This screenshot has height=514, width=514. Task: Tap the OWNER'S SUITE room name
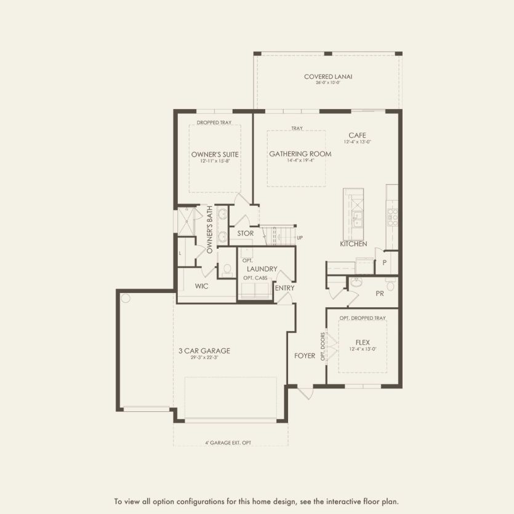215,154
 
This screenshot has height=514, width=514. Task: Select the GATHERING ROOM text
300,154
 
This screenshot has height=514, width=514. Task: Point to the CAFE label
358,135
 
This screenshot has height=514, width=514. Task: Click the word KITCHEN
353,244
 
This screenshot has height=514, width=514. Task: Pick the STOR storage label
245,234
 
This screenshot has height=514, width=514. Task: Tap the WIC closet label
202,286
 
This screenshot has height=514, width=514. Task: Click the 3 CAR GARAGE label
204,351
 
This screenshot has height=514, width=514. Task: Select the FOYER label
305,356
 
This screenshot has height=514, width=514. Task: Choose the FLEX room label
363,343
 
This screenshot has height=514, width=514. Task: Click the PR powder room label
380,294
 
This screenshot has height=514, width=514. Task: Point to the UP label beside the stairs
300,238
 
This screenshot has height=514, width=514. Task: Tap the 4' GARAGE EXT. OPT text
228,443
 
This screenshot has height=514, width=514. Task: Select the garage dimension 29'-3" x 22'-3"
204,358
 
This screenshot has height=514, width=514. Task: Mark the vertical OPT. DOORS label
323,346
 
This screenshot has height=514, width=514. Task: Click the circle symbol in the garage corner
126,299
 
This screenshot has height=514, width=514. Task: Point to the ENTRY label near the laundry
284,288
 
